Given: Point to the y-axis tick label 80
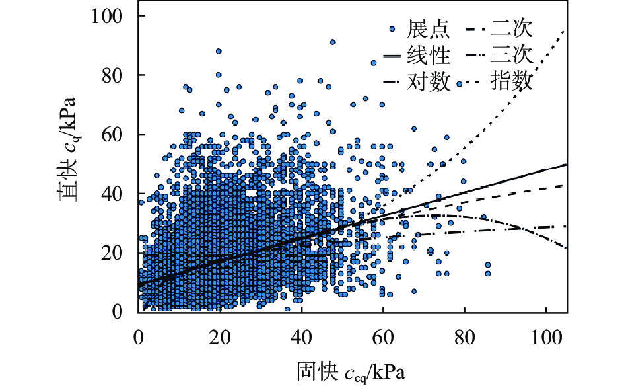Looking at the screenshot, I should pos(118,75).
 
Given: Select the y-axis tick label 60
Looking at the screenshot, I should pos(118,134).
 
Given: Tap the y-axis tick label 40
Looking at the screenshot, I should pos(118,194).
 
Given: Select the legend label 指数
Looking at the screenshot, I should pos(512,82).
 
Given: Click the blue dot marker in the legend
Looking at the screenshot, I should pos(393,29).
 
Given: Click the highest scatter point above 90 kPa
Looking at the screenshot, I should pos(333,42).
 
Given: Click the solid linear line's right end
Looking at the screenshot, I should pos(567,164).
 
